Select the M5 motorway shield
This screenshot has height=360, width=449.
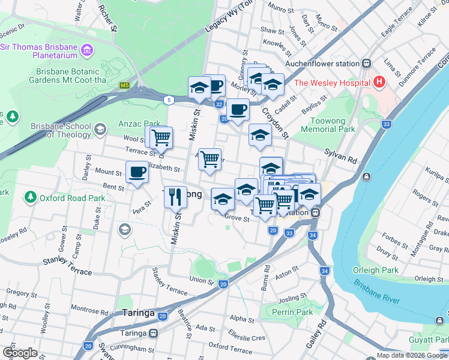(x=124, y=86)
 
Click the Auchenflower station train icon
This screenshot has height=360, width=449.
(x=366, y=64)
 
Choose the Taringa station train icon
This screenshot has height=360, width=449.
(x=154, y=333)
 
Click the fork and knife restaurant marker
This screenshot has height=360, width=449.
(x=175, y=196)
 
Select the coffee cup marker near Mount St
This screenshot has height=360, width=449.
(x=137, y=172)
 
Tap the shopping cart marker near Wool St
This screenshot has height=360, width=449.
(x=160, y=137)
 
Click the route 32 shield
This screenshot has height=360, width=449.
(x=219, y=104)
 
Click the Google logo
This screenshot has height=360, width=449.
(x=20, y=353)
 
